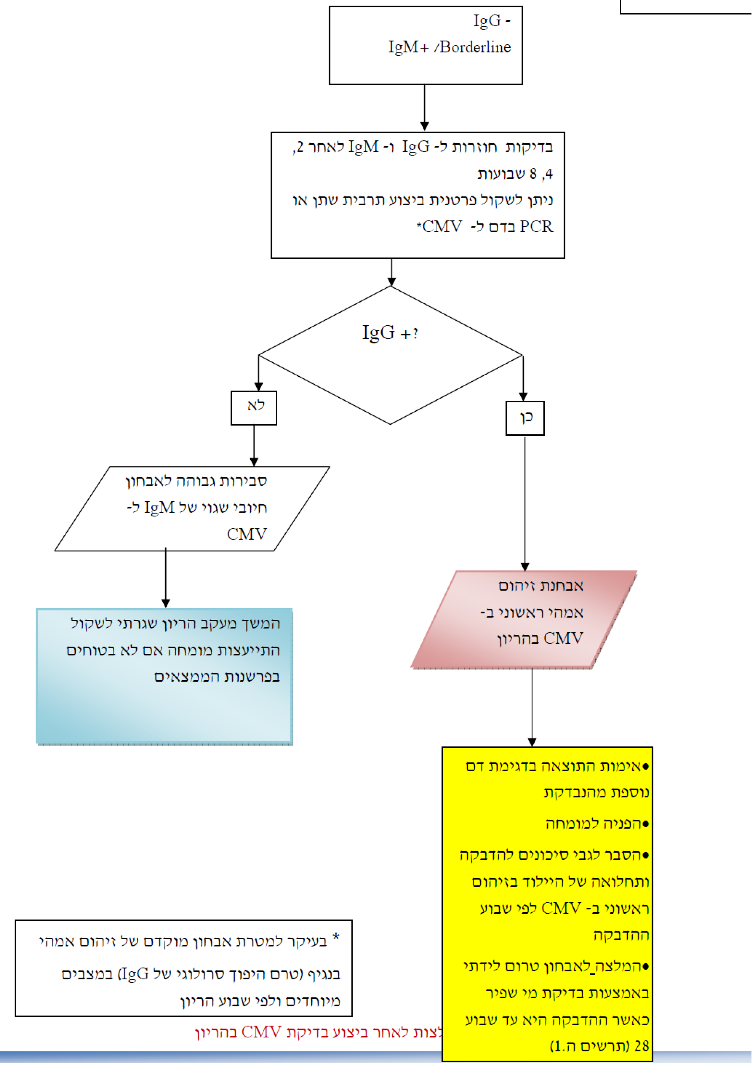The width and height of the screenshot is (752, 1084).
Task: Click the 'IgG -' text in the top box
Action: [492, 21]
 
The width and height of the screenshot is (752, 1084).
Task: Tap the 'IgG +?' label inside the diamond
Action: [390, 333]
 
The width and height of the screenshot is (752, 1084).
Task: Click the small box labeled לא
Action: [254, 408]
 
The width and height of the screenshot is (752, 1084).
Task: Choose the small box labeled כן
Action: [525, 418]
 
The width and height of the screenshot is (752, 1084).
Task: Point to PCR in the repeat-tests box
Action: [536, 227]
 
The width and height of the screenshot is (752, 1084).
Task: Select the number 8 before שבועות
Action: [533, 174]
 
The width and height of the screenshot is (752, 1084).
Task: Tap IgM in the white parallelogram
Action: [159, 508]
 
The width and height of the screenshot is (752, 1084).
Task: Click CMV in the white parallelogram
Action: [247, 534]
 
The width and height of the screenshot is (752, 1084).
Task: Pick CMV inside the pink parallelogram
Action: [563, 639]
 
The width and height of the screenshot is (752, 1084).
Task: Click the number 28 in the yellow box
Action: [641, 1046]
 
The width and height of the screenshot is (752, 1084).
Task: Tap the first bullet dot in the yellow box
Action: [646, 767]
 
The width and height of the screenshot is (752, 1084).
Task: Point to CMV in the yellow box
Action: [561, 908]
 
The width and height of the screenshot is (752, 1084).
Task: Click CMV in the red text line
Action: [262, 1032]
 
